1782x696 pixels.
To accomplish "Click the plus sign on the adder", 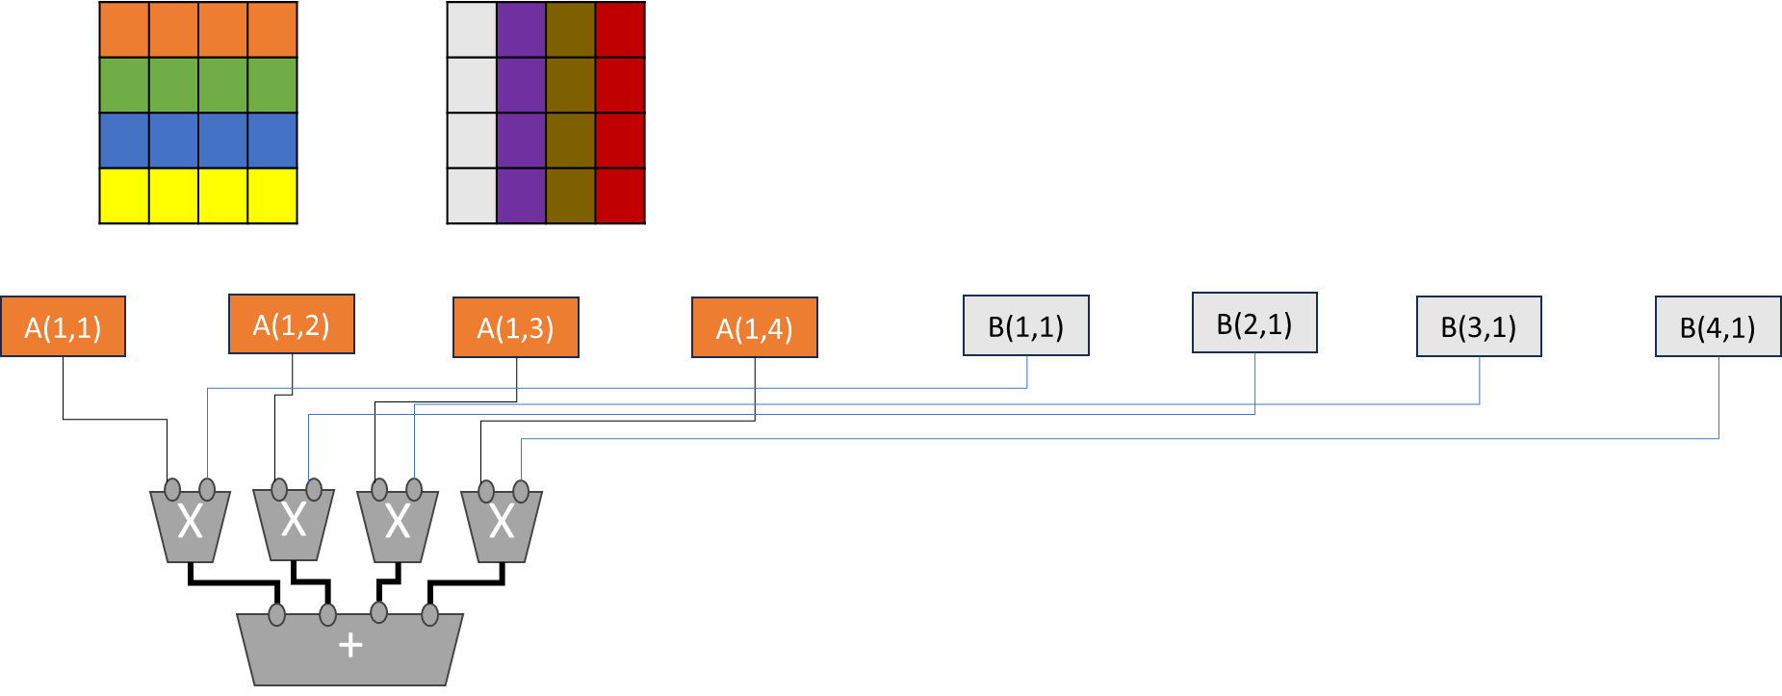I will point(350,645).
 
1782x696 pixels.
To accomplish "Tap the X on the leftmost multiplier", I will point(191,522).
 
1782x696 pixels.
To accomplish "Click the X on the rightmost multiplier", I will point(502,522).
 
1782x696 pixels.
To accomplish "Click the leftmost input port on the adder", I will point(277,614).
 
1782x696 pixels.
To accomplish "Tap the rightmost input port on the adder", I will point(430,614).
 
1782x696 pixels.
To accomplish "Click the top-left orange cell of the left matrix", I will point(125,30).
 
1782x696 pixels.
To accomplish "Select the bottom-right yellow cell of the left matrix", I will point(271,195).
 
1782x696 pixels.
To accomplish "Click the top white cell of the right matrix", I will point(472,30).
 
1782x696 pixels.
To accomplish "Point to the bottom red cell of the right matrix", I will point(619,195).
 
